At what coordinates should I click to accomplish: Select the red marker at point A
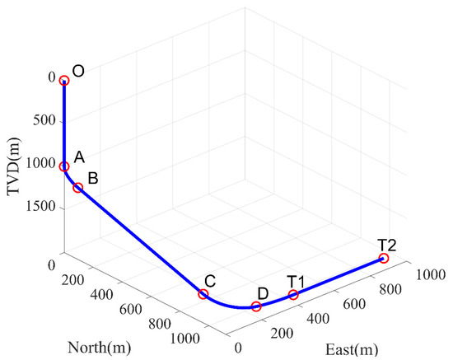click(x=64, y=166)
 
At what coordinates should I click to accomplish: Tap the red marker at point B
click(x=78, y=188)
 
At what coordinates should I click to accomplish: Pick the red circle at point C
click(x=203, y=294)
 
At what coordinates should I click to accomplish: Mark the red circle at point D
click(x=256, y=306)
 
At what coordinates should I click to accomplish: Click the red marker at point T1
click(x=293, y=294)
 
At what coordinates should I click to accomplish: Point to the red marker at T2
click(x=384, y=259)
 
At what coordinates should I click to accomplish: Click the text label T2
click(x=387, y=244)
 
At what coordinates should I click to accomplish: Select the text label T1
click(x=296, y=280)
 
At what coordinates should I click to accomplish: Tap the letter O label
click(x=79, y=72)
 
